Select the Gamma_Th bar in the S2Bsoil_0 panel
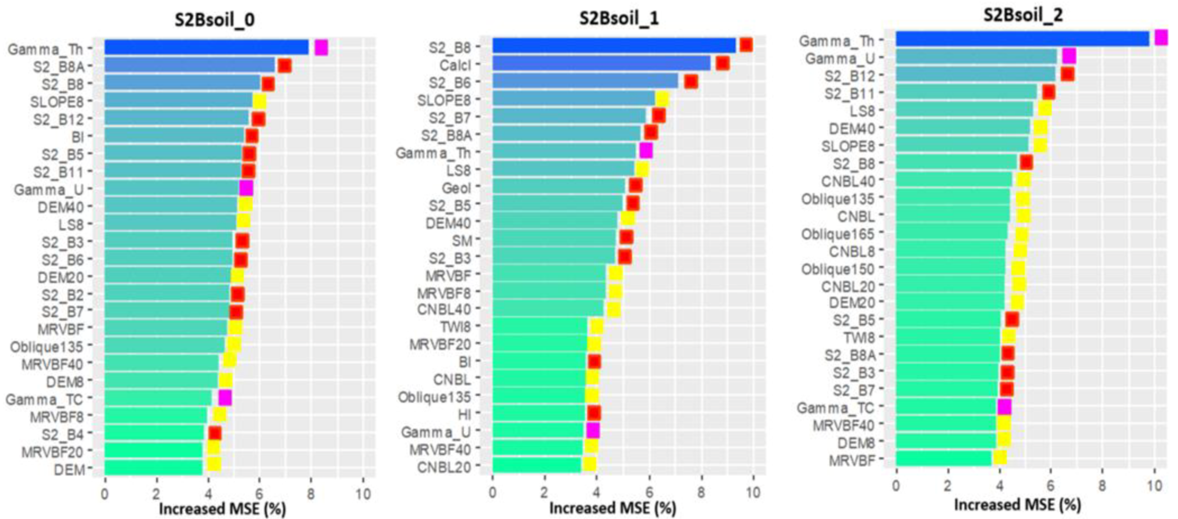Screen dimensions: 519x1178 click(206, 48)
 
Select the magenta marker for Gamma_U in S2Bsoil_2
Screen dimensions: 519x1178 click(1069, 56)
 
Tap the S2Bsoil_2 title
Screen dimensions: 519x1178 click(1023, 16)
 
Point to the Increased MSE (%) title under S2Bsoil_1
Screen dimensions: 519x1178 click(612, 508)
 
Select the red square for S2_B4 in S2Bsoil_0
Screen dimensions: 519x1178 click(215, 433)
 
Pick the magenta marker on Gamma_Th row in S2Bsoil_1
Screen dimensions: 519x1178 click(646, 150)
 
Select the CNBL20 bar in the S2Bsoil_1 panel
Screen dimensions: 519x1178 click(536, 465)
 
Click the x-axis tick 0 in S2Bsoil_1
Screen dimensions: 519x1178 click(493, 493)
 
